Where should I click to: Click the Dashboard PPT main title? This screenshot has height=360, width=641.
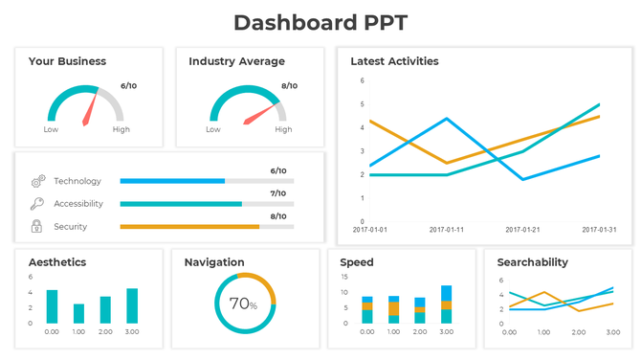coord(320,23)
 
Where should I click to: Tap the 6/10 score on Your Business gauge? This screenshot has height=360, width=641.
coord(128,86)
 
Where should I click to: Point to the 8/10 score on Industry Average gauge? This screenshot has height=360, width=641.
coord(289,86)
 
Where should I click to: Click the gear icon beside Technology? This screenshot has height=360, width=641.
coord(37,181)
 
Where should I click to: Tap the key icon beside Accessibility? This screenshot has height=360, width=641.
coord(37,204)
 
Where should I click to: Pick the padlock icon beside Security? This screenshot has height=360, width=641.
coord(37,227)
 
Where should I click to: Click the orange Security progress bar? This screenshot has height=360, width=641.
coord(189,227)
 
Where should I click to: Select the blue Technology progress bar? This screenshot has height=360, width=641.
coord(172,181)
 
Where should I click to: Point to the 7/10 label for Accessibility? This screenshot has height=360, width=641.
coord(278,193)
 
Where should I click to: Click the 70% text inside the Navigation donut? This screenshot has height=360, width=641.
coord(244,304)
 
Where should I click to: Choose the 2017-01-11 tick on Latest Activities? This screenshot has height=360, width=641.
coord(447,230)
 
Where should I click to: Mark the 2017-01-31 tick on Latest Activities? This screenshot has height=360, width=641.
coord(599,230)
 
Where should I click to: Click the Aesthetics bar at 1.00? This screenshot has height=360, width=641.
coord(78,313)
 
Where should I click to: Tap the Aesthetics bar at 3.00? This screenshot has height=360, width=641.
coord(132,305)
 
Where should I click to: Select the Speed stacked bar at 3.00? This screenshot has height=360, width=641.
coord(446,304)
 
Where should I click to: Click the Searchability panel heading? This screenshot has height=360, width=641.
coord(533,262)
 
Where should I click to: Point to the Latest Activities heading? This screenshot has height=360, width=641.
coord(394,61)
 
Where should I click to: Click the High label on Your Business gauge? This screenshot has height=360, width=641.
coord(122,129)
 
